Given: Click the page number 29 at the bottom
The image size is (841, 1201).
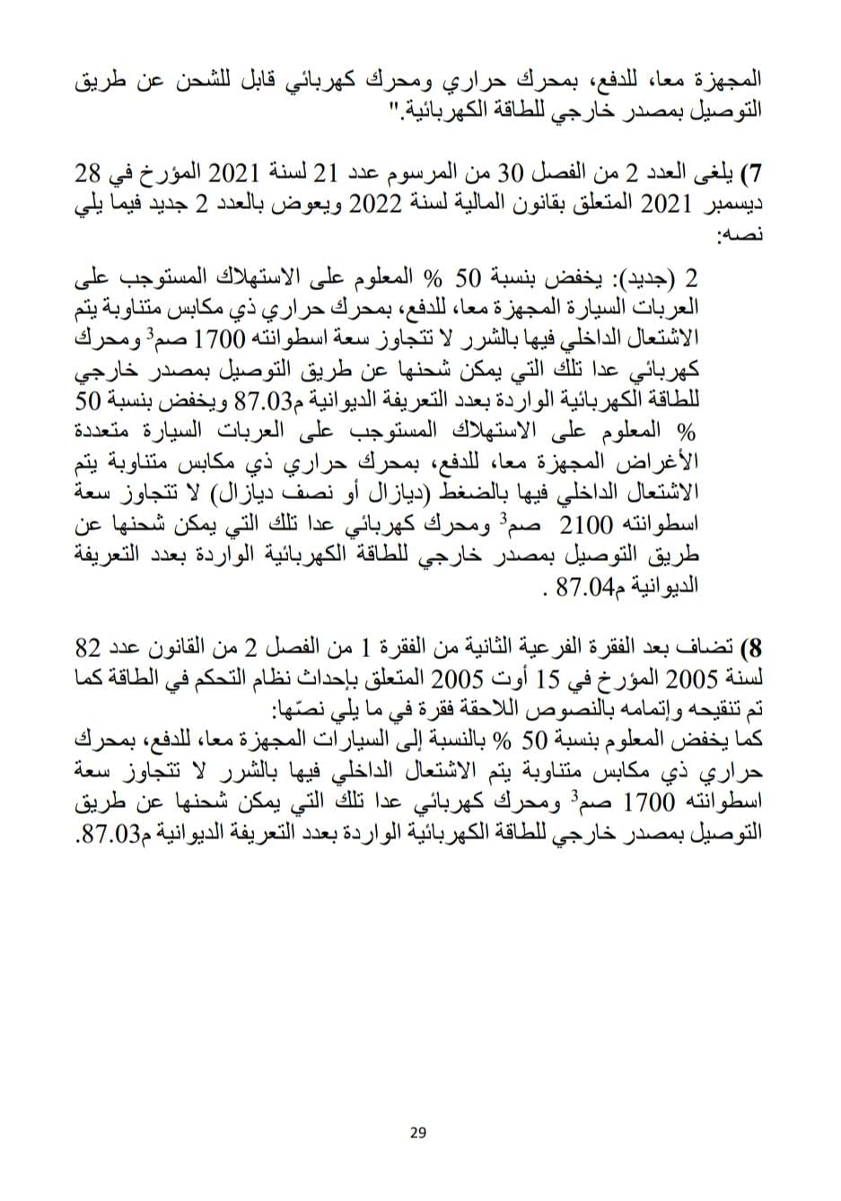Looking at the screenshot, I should click(416, 1133).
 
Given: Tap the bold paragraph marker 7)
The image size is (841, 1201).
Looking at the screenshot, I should click(753, 171).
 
